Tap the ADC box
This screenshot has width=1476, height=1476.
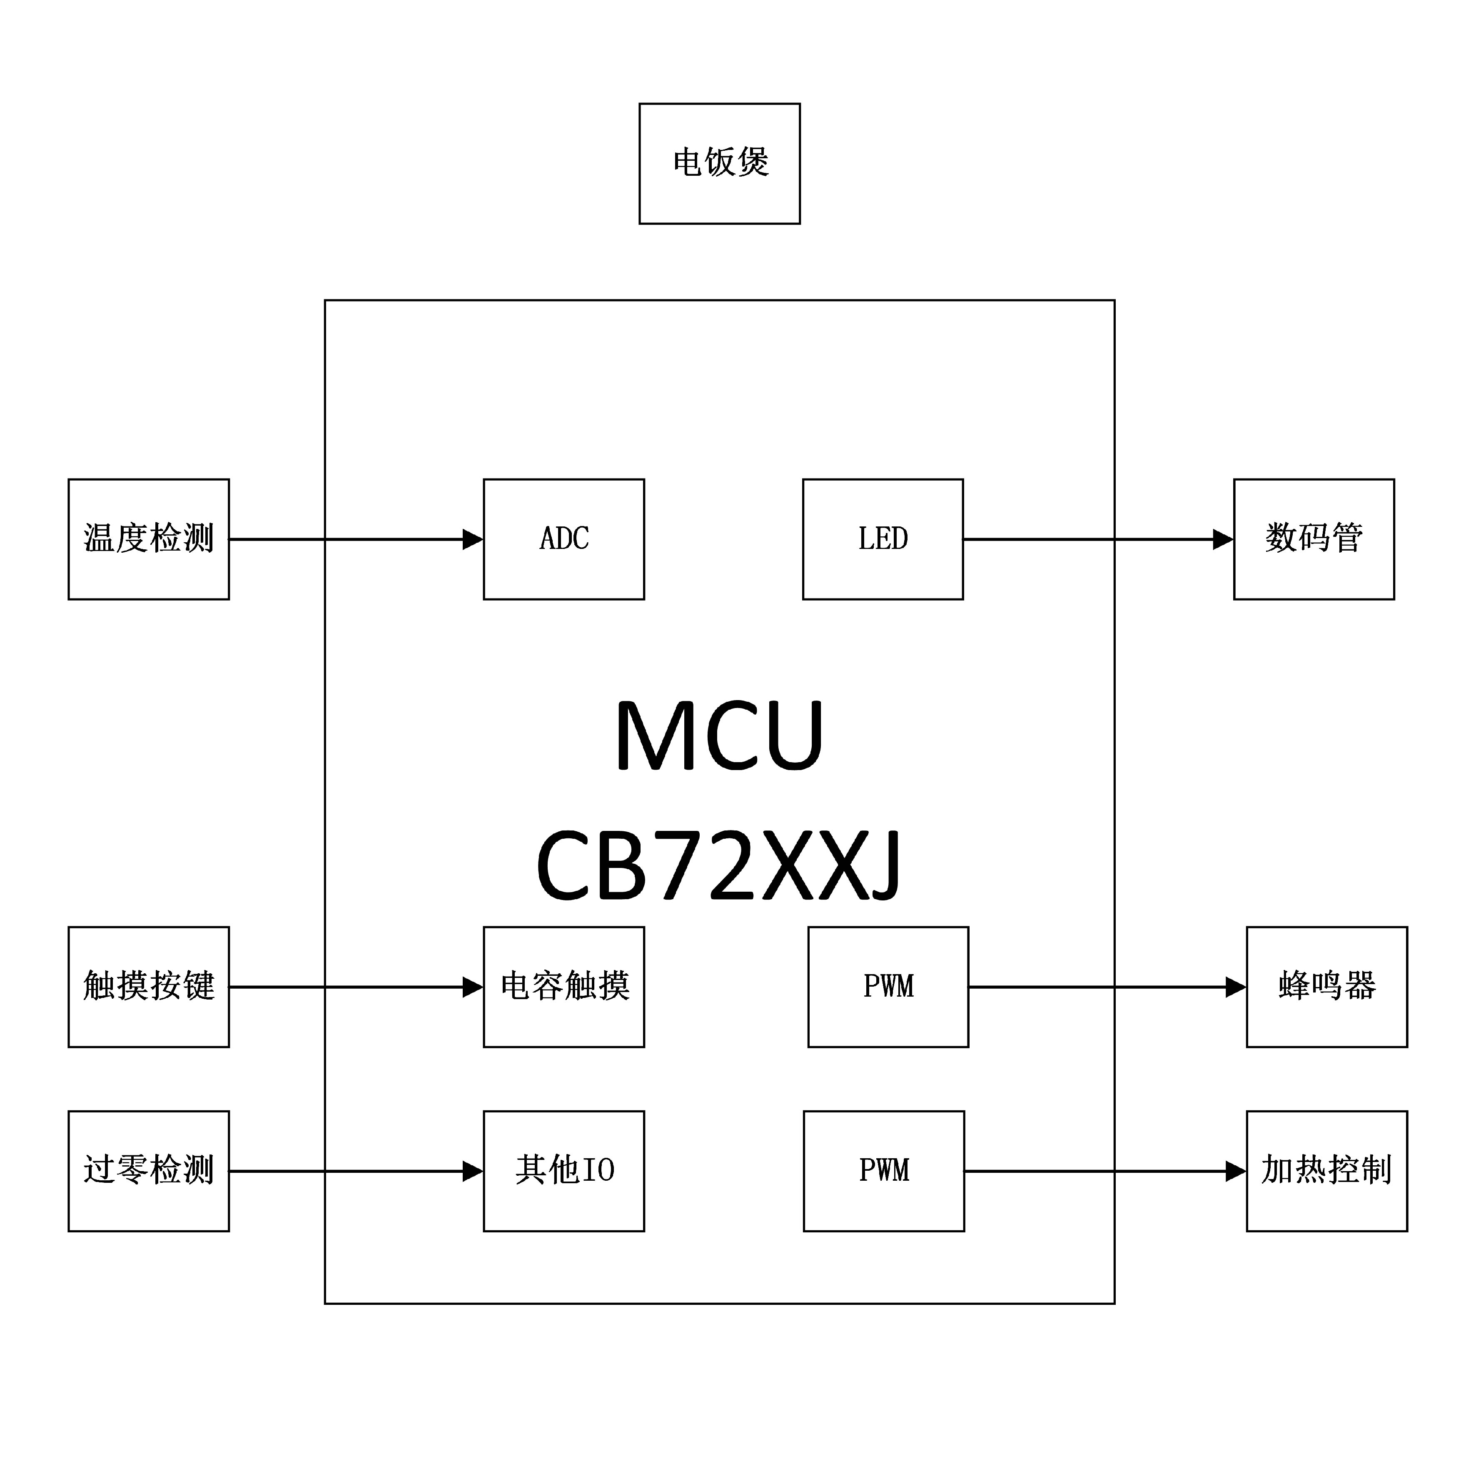point(564,539)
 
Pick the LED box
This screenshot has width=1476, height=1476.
point(883,539)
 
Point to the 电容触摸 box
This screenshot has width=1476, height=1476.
point(564,987)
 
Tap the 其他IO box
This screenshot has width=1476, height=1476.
point(564,1171)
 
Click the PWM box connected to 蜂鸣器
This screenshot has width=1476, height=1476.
point(888,987)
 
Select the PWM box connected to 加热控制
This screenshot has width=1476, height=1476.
point(883,1171)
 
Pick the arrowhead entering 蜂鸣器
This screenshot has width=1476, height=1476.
point(1236,987)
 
